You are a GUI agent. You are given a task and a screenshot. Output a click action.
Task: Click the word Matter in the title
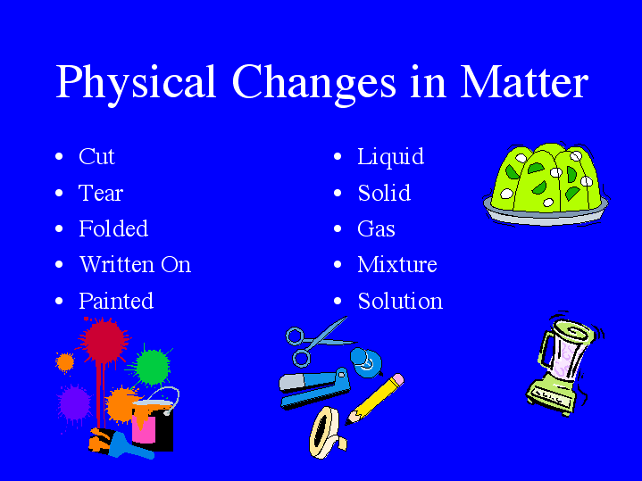tap(524, 82)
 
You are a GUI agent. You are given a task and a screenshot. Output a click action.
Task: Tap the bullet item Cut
tap(96, 157)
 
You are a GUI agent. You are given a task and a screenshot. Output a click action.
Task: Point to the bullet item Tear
tap(101, 193)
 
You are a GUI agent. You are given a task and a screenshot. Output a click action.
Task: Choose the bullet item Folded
tap(113, 228)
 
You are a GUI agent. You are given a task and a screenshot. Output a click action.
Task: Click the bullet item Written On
tap(135, 265)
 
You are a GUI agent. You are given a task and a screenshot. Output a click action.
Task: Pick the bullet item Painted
tap(116, 301)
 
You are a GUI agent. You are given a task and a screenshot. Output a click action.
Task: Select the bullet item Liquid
tap(390, 157)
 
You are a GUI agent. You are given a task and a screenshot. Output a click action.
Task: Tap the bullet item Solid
tap(384, 193)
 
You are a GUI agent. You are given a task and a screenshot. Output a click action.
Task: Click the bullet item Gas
tap(376, 228)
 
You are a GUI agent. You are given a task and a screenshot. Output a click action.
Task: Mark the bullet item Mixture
tap(397, 265)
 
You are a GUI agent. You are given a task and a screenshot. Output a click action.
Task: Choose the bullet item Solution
tap(400, 301)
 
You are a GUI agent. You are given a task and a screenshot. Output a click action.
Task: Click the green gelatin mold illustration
tap(545, 183)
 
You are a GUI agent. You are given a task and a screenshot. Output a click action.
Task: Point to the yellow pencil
tap(375, 399)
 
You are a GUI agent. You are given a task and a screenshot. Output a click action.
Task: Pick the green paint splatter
tap(153, 365)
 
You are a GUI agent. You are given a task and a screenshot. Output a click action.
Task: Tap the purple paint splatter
tap(75, 403)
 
